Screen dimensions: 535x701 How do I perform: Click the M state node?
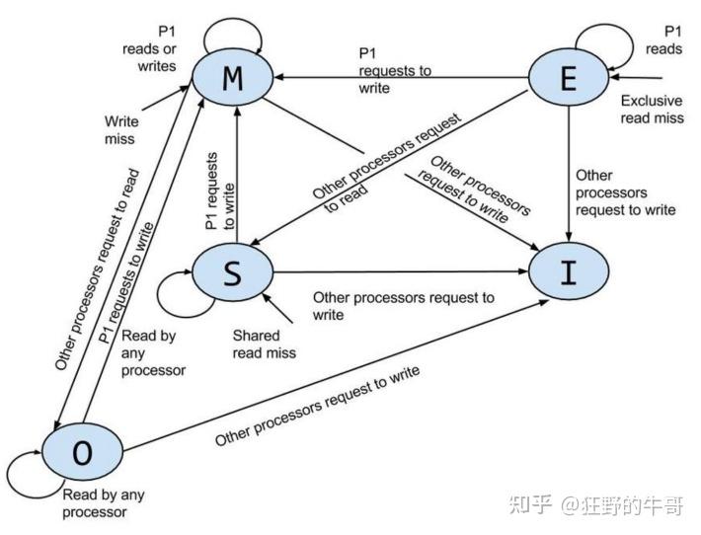pyautogui.click(x=232, y=80)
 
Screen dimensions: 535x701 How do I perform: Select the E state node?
pyautogui.click(x=567, y=80)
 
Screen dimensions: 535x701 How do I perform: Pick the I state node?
pyautogui.click(x=567, y=272)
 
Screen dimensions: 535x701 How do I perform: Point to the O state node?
pyautogui.click(x=82, y=452)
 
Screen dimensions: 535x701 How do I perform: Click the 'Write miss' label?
pyautogui.click(x=121, y=130)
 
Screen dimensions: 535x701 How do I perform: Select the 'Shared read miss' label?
pyautogui.click(x=264, y=344)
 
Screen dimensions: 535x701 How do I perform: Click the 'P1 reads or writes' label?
pyautogui.click(x=151, y=49)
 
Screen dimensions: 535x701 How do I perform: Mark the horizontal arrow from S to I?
pyautogui.click(x=395, y=272)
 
